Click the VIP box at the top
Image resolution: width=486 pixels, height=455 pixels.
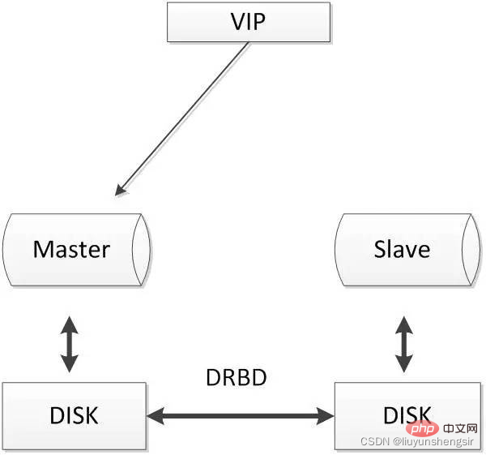pos(249,22)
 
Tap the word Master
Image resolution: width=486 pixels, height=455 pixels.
pos(71,250)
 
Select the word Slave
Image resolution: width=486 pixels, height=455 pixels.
pos(402,249)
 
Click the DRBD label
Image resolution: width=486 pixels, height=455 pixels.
pos(237,377)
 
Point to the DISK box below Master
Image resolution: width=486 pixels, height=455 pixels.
pos(74,416)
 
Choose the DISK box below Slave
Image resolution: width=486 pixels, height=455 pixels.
pos(408,416)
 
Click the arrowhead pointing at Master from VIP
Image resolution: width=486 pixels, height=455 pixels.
pos(120,190)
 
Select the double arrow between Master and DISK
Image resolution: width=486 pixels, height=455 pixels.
pos(69,344)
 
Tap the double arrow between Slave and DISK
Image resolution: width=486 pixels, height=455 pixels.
pos(404,344)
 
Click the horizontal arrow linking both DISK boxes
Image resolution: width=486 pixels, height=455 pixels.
pos(241,416)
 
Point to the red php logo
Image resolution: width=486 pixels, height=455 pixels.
pos(422,428)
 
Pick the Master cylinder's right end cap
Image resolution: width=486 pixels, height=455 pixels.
pos(141,250)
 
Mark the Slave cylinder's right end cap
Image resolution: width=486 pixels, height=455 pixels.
pos(471,250)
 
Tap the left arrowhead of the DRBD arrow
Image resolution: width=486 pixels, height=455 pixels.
pos(155,416)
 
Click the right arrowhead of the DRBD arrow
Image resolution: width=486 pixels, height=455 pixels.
pos(326,416)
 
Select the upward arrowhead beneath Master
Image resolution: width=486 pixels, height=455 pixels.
pos(69,324)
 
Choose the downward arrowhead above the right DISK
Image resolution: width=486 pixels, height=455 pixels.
pos(404,363)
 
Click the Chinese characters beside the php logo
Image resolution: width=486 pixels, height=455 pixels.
pos(460,428)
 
